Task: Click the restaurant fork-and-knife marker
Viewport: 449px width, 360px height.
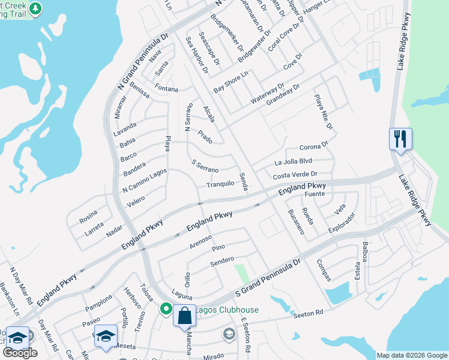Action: (x=400, y=139)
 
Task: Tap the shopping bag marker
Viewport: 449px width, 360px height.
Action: (x=184, y=314)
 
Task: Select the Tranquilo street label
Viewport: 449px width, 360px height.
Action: (x=220, y=184)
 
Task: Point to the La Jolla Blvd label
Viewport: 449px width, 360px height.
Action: (x=293, y=161)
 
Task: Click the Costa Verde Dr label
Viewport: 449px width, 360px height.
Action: (x=295, y=175)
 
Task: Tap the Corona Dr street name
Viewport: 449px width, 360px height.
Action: (x=314, y=146)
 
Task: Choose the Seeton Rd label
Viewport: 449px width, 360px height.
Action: (x=309, y=313)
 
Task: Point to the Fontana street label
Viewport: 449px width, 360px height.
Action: (x=166, y=89)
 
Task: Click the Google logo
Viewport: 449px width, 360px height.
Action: (x=20, y=353)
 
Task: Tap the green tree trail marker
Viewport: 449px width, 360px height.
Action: (x=36, y=9)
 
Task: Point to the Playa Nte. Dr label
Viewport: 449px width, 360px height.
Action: (x=322, y=112)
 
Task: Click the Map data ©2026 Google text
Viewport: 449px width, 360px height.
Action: (x=412, y=355)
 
